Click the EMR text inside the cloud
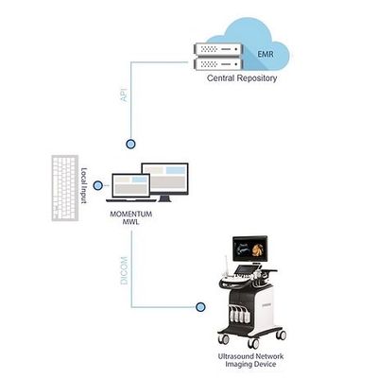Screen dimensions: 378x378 (266, 54)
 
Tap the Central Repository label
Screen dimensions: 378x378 (242, 78)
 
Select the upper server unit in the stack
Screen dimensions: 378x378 (218, 49)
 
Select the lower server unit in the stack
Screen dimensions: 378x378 (218, 64)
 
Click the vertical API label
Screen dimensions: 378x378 (125, 94)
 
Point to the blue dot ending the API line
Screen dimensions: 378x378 (130, 144)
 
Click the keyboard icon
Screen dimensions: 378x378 (65, 188)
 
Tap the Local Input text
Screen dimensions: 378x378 (84, 185)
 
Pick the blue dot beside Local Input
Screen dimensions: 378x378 (98, 185)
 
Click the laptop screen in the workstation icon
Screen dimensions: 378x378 (131, 185)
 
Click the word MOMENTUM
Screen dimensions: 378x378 (131, 215)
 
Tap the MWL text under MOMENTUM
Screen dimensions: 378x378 (131, 222)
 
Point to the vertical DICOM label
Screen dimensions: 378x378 (125, 270)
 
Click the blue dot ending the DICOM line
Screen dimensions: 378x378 (200, 307)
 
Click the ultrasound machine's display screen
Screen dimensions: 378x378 (250, 249)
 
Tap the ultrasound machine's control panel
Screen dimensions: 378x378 (243, 275)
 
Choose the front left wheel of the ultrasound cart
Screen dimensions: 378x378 (224, 339)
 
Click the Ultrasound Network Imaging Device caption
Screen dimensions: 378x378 (250, 360)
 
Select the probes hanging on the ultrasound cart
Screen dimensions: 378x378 (240, 314)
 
